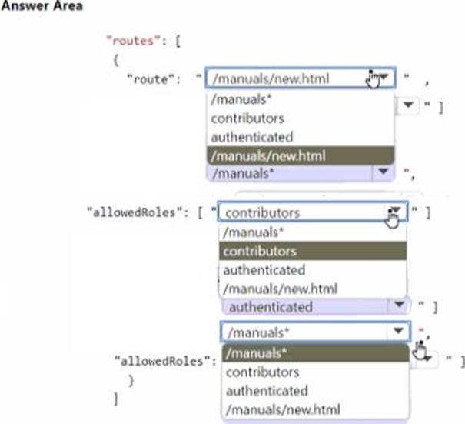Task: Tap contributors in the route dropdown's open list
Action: click(247, 118)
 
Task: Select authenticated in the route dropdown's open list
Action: click(251, 137)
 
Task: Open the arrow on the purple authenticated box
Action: click(399, 306)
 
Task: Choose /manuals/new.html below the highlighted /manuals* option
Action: click(283, 409)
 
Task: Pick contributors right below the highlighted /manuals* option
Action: click(262, 372)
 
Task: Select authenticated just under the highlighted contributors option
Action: click(264, 270)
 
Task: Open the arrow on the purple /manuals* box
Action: click(378, 172)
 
